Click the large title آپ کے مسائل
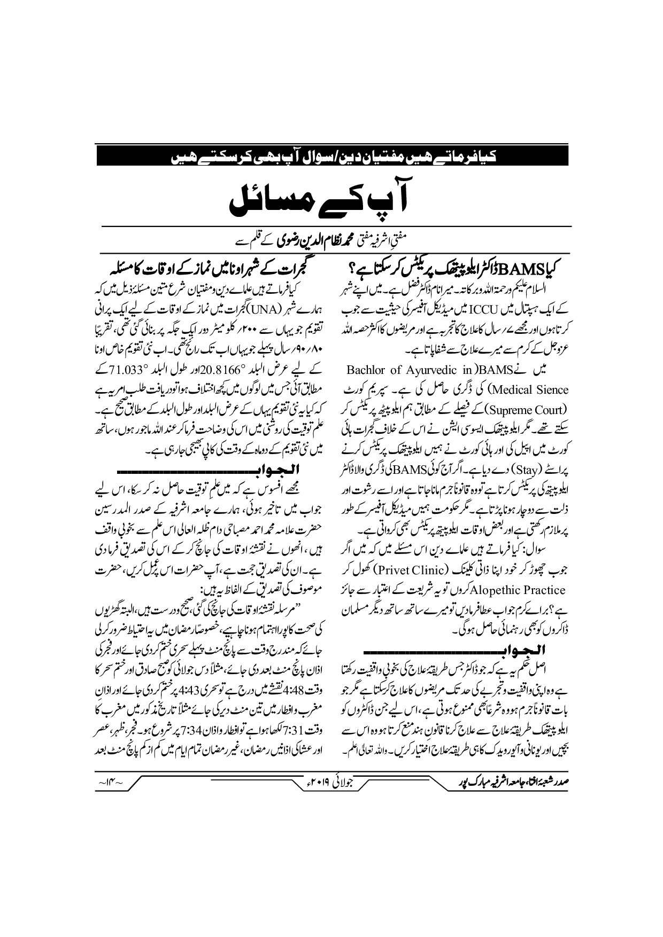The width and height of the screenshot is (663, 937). [331, 199]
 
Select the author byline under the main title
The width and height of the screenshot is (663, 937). [331, 241]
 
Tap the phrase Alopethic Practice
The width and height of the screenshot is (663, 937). [518, 590]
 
